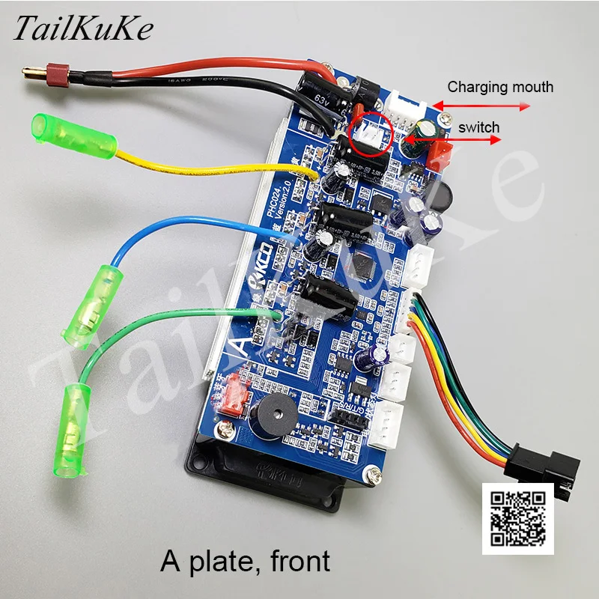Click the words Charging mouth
(500, 87)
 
